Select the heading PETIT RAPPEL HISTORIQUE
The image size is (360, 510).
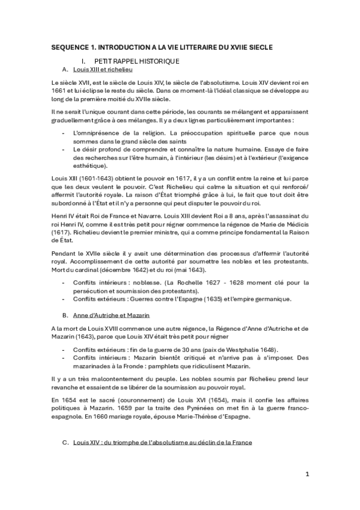136,62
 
